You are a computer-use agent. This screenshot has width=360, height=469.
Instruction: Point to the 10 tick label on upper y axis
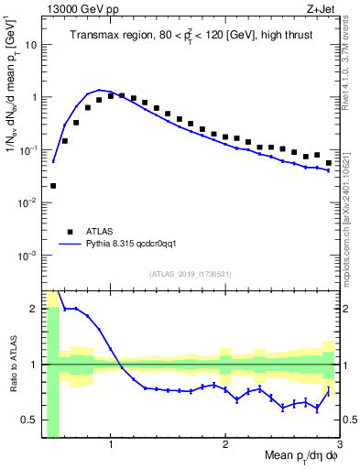30,43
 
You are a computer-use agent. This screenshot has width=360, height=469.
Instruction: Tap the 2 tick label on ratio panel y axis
35,309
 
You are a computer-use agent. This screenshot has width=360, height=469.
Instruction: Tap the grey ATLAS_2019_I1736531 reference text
191,274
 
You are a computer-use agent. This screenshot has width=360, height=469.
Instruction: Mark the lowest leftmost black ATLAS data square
53,186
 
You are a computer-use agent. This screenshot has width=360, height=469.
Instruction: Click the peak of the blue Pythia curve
100,91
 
